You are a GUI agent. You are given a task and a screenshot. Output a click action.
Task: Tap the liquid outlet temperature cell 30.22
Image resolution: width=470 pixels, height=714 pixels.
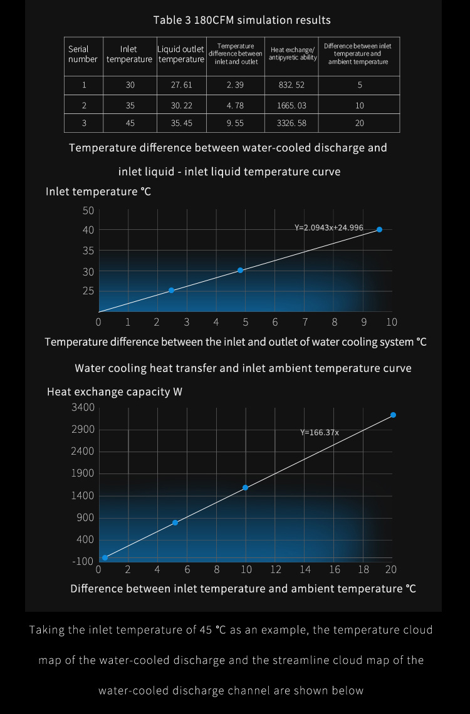[x=182, y=105]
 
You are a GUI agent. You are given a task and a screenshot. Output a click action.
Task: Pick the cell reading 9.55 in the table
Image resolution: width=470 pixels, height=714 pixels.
[x=235, y=123]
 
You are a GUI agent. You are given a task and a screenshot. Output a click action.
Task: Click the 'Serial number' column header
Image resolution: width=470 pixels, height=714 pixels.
[x=83, y=54]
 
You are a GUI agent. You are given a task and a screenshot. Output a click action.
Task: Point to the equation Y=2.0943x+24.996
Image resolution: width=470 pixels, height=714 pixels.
[x=329, y=227]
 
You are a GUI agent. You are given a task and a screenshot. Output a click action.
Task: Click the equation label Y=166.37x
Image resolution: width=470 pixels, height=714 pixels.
[x=320, y=432]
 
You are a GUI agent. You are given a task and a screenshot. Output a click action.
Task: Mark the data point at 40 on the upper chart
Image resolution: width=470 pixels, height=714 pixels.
[x=379, y=229]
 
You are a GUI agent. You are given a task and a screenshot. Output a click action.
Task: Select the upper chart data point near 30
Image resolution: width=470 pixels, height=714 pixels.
[x=240, y=270]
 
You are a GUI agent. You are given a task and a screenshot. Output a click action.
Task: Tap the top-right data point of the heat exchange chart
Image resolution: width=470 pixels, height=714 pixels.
[x=393, y=415]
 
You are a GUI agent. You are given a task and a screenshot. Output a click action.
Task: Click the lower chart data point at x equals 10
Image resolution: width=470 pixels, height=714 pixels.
[x=245, y=487]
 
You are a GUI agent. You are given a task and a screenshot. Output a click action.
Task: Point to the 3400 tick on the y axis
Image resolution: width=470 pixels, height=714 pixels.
[x=83, y=408]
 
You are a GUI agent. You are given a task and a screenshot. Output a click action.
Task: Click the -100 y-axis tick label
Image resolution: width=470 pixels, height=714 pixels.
[x=83, y=561]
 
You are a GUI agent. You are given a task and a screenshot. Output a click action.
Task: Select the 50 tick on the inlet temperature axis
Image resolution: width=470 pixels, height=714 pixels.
[x=88, y=210]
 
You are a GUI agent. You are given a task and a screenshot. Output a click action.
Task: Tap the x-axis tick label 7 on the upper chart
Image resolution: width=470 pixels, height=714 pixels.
[x=305, y=323]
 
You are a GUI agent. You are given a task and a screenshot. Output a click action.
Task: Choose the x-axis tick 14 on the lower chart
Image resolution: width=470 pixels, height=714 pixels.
[x=305, y=569]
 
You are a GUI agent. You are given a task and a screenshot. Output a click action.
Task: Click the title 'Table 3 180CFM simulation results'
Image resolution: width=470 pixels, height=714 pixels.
[x=242, y=20]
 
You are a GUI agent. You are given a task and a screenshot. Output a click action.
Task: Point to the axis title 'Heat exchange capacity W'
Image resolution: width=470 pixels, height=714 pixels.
[x=115, y=392]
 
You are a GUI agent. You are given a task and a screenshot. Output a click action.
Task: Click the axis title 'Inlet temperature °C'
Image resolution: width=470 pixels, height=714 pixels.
[x=98, y=191]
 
